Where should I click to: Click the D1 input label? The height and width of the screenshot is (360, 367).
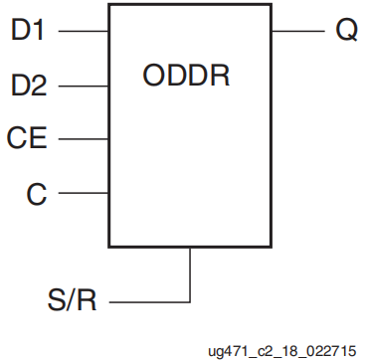coord(29,30)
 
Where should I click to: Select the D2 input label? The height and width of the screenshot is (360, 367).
coord(29,87)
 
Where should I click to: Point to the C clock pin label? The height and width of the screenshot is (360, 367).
coord(36,193)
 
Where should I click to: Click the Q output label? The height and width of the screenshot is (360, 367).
coord(345,30)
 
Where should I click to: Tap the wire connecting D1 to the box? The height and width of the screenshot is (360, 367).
coord(84,31)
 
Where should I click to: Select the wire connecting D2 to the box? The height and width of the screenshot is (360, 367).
coord(84,87)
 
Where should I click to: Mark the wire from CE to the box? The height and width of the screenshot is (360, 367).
coord(84,139)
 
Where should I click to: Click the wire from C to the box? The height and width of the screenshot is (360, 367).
coord(84,193)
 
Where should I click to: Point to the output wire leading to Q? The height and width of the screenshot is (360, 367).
coord(295,31)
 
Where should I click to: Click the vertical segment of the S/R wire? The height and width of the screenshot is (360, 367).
coord(189,273)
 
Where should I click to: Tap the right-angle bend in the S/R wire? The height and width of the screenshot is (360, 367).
coord(189,300)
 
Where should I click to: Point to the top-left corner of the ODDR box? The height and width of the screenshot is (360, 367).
coord(109,6)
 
